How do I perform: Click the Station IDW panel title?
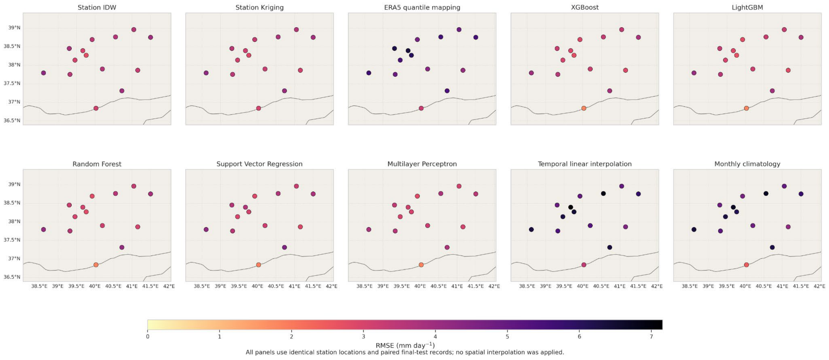(97, 7)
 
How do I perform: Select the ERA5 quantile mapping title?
(422, 7)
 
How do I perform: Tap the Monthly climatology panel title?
(747, 164)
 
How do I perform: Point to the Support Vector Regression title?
(259, 164)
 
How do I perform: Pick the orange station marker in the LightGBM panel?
(746, 108)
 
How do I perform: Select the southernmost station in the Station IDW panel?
(96, 108)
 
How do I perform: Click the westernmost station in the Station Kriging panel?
(206, 73)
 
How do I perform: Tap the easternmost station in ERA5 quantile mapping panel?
(476, 37)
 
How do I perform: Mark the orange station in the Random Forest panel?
(96, 265)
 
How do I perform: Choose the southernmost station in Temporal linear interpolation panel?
(584, 265)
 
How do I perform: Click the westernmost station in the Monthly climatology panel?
(694, 229)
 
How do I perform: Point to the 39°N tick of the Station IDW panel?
(14, 28)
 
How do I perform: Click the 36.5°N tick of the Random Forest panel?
(12, 277)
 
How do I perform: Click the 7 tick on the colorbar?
(651, 337)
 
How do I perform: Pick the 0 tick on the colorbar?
(148, 337)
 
